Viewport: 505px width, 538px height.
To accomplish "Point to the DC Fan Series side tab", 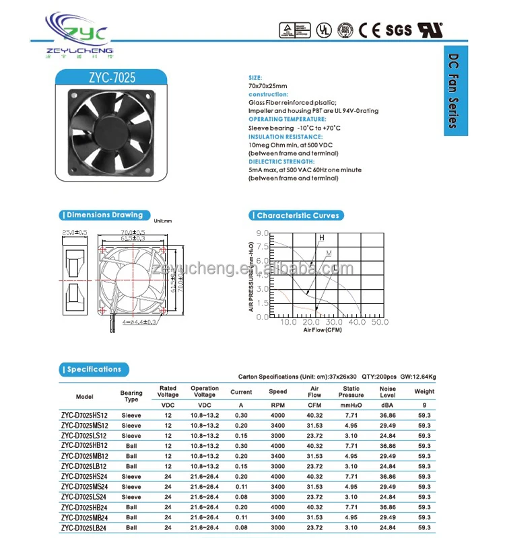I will [455, 91].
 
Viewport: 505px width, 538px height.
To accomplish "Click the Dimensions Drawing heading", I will [102, 215].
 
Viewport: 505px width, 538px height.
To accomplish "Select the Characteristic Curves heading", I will [297, 215].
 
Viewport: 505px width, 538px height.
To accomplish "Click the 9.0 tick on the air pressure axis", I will [263, 233].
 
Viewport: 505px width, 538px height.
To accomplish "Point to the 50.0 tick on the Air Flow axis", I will [380, 322].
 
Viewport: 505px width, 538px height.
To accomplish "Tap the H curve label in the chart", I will [322, 237].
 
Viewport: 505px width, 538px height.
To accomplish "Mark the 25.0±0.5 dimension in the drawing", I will [74, 233].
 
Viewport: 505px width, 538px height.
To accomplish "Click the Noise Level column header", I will [388, 391].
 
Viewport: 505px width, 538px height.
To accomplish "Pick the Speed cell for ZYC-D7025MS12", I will [277, 426].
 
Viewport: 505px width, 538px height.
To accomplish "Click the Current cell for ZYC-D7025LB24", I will [242, 527].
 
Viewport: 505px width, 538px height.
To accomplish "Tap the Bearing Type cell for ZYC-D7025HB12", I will [131, 446].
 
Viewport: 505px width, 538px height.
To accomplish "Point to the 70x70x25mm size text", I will [267, 86].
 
